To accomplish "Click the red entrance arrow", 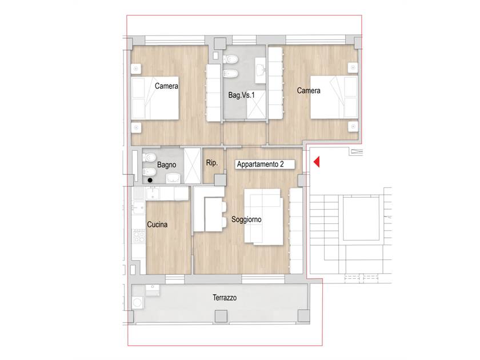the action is click(317, 162).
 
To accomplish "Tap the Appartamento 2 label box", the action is click(265, 165).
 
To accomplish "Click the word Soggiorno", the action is click(246, 219).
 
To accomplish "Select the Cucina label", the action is click(157, 225).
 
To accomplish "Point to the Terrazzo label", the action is click(225, 298).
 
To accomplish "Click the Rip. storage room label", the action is click(212, 163).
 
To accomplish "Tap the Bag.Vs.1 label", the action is click(242, 95).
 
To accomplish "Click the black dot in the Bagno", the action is click(150, 181).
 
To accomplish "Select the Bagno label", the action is click(166, 165).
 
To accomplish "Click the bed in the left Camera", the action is click(155, 98).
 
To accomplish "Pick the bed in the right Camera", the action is click(334, 97).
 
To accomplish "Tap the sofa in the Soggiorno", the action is click(263, 217).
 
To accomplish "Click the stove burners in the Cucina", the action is click(139, 235).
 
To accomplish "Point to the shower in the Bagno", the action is click(193, 166).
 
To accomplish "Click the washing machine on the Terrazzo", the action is click(138, 303).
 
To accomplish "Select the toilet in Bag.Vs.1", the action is click(230, 59).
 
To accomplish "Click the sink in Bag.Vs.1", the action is click(260, 70).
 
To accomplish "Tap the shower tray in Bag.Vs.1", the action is click(256, 105).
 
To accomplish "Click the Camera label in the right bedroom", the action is click(309, 91).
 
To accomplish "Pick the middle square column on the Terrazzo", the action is click(221, 316).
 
